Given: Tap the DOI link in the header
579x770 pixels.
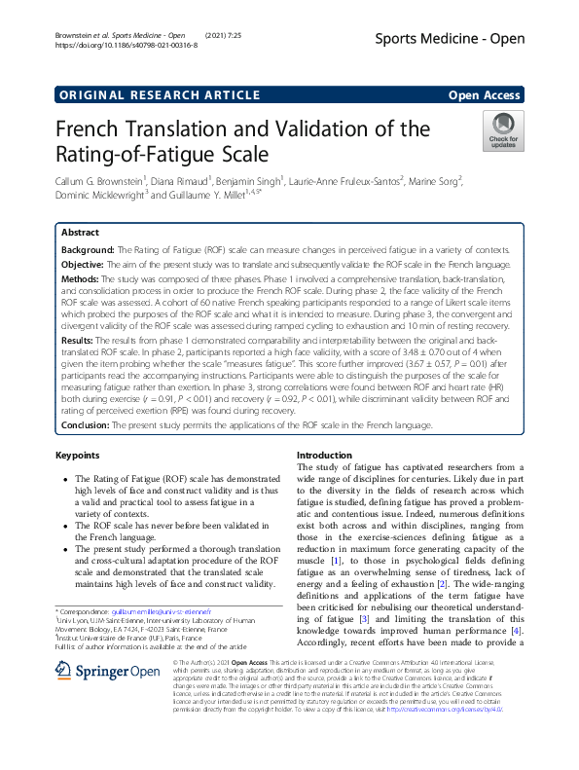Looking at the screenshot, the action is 127,45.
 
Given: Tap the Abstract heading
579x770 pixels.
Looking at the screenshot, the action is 80,234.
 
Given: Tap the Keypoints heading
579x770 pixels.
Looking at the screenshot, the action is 81,455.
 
